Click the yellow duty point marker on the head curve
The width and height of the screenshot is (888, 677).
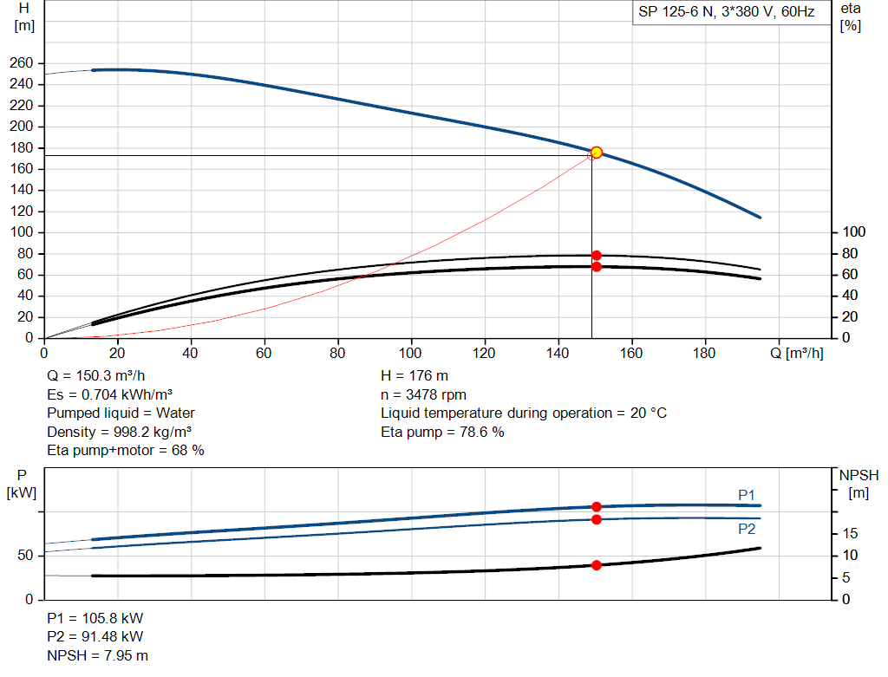597,153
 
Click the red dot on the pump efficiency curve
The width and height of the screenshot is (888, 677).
597,256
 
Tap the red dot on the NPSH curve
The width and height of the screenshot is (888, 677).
597,565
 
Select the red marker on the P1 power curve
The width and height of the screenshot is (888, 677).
597,506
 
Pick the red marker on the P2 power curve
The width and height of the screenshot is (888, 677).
597,519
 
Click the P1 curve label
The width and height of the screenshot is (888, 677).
747,495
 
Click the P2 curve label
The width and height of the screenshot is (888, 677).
747,530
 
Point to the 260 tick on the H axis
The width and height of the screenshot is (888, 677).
22,62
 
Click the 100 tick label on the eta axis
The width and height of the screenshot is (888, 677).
853,232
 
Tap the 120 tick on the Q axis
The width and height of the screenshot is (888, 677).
484,353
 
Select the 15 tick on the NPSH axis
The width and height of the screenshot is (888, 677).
850,533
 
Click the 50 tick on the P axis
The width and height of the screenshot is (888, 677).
25,556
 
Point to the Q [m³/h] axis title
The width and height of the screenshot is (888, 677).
796,353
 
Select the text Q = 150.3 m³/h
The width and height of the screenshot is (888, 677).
96,376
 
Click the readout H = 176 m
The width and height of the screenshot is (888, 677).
415,376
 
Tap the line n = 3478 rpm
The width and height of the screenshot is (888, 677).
423,394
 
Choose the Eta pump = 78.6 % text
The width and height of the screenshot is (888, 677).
442,432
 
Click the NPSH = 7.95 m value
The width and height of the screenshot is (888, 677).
97,655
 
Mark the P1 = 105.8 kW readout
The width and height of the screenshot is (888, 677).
95,618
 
